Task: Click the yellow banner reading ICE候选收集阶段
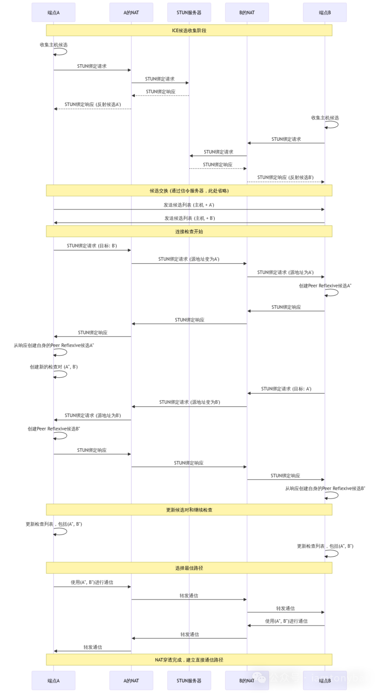pyautogui.click(x=189, y=31)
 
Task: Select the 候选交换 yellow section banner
pyautogui.click(x=189, y=191)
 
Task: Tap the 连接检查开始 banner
pyautogui.click(x=189, y=231)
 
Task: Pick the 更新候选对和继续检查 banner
pyautogui.click(x=189, y=510)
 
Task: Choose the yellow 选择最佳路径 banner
pyautogui.click(x=189, y=568)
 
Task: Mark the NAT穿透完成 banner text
pyautogui.click(x=189, y=660)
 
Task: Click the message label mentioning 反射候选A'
pyautogui.click(x=93, y=104)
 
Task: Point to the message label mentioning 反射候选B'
pyautogui.click(x=285, y=177)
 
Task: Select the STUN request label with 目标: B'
pyautogui.click(x=92, y=246)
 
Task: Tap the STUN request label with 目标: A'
pyautogui.click(x=286, y=389)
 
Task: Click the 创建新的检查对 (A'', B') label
pyautogui.click(x=54, y=367)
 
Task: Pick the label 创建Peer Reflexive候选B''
pyautogui.click(x=54, y=429)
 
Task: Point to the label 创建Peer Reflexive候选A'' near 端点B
pyautogui.click(x=325, y=286)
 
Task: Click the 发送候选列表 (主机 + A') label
pyautogui.click(x=189, y=205)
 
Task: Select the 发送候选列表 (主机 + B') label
pyautogui.click(x=189, y=218)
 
